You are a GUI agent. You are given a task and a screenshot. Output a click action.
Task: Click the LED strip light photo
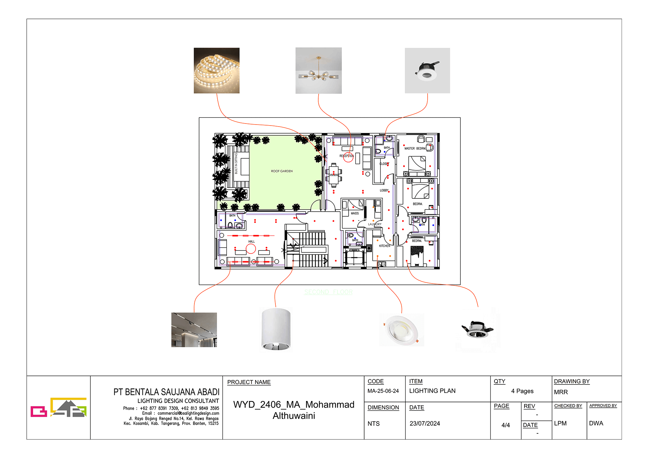tap(216, 71)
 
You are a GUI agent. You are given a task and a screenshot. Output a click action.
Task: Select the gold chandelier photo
tap(318, 71)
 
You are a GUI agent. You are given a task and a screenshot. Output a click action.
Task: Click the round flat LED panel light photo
tap(401, 330)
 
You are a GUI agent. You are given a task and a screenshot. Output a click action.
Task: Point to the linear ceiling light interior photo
tap(194, 330)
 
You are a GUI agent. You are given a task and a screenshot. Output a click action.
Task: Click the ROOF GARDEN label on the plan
tap(282, 171)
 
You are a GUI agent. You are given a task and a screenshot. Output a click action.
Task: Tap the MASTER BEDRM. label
tap(415, 149)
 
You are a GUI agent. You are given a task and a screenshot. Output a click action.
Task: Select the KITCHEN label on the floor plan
tap(384, 246)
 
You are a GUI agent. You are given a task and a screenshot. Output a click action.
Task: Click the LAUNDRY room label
tap(375, 224)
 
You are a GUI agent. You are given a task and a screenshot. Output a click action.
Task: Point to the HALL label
tap(251, 242)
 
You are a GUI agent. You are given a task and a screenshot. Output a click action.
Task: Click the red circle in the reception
tap(348, 158)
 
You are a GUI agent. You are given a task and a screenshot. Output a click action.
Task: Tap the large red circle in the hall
tap(251, 249)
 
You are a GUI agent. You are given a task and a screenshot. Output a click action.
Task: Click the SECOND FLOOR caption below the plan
tap(328, 292)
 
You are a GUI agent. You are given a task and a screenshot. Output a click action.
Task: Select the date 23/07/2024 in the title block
tap(425, 424)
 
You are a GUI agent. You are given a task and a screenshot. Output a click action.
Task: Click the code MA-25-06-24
tap(383, 391)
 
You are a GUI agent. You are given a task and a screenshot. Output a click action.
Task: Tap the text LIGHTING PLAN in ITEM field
tap(432, 391)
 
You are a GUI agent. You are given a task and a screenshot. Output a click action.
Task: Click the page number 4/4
tap(506, 425)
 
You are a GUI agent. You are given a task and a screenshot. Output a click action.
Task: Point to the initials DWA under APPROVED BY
tap(596, 423)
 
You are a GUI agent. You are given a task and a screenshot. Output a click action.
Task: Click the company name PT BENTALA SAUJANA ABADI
tap(166, 392)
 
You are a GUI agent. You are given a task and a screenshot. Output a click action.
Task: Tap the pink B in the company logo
tap(38, 411)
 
